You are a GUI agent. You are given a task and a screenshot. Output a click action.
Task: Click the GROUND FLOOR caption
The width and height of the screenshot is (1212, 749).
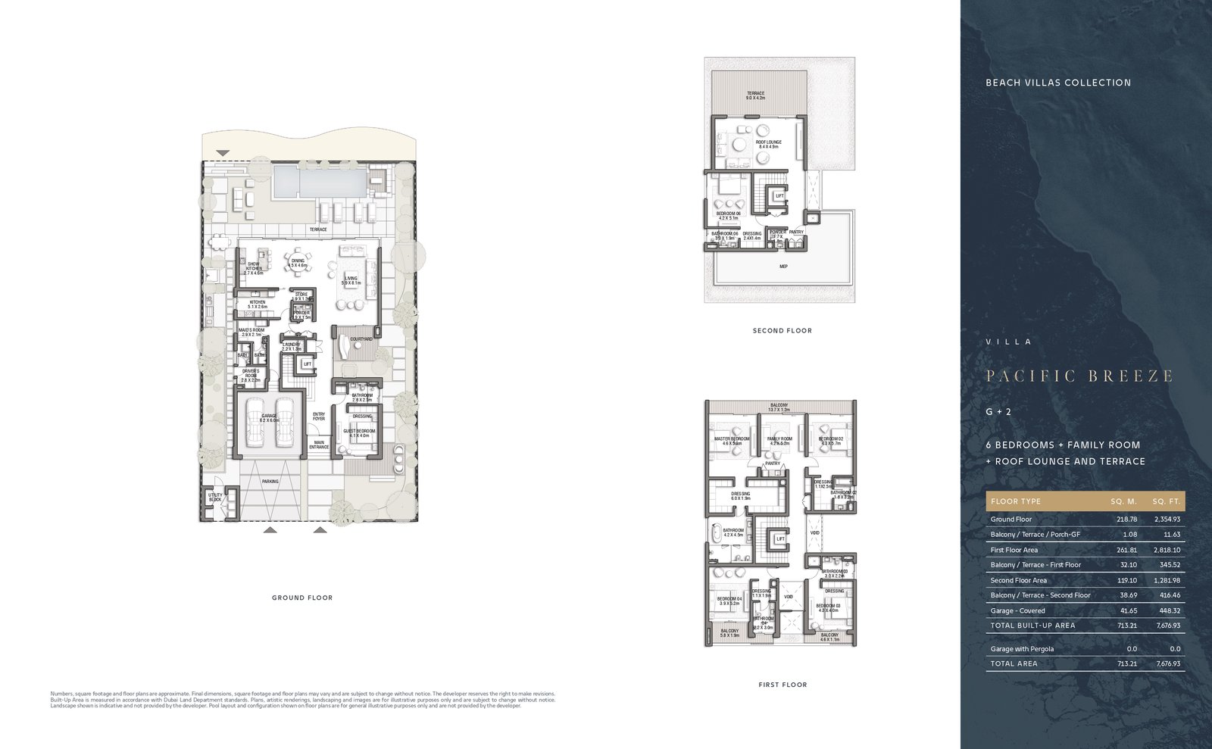[x=302, y=598]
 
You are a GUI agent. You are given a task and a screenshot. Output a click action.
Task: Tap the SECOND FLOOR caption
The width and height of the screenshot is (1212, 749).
[x=782, y=330]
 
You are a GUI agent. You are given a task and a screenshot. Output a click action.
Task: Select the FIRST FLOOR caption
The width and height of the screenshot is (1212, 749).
[x=782, y=685]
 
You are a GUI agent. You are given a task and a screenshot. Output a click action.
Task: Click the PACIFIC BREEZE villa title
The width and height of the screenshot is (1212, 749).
[x=1079, y=376]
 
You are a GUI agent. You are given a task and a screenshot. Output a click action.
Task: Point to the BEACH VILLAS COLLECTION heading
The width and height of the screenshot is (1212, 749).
[x=1057, y=83]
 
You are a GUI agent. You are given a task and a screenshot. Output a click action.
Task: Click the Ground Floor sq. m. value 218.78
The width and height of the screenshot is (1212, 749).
[x=1126, y=520]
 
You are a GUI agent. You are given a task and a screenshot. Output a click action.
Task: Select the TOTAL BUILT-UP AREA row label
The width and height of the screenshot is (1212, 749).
[x=1032, y=626]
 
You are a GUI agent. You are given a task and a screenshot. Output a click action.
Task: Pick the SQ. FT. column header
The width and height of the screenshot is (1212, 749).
[x=1166, y=501]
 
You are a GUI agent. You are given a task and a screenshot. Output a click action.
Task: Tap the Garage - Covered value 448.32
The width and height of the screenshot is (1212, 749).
[x=1169, y=610]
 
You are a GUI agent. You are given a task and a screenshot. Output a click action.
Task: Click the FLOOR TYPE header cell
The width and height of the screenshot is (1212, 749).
[x=1015, y=501]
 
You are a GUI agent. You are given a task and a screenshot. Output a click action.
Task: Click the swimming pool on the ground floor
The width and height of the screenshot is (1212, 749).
[x=318, y=183]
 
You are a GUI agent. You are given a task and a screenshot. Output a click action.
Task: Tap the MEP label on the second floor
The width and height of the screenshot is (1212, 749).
[x=783, y=267]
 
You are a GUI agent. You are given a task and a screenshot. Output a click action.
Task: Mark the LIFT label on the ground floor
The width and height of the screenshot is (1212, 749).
[x=307, y=364]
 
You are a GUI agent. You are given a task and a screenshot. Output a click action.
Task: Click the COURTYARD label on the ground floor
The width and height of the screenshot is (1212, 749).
[x=361, y=339]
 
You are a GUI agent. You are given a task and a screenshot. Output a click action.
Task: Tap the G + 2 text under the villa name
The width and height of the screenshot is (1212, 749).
[x=998, y=412]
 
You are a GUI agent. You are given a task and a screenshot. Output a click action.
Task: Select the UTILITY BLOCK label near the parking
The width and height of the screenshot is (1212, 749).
[x=215, y=497]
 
